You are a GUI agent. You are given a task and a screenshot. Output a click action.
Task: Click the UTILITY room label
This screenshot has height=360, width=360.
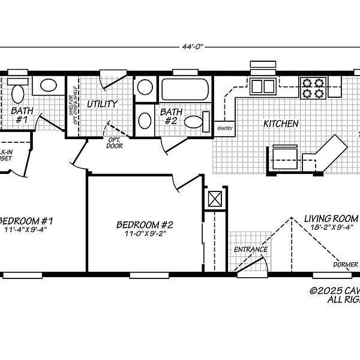click(101, 104)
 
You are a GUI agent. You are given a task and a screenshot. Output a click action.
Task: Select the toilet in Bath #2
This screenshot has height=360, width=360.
click(194, 122)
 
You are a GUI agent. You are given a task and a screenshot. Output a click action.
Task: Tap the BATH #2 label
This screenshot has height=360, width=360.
click(171, 116)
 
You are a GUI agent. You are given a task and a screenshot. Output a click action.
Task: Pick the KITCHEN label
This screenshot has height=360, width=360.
click(281, 124)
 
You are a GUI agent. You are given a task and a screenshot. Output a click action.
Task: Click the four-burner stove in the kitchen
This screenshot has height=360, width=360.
click(312, 88)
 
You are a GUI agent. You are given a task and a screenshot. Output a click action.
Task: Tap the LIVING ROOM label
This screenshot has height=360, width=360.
click(331, 218)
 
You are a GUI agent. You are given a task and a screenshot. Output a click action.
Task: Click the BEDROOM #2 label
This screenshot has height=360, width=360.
click(145, 225)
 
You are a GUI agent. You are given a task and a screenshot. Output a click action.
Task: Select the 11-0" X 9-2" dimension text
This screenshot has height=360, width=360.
click(145, 234)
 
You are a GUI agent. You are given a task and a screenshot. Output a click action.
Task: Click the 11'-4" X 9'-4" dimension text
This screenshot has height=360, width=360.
click(25, 230)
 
